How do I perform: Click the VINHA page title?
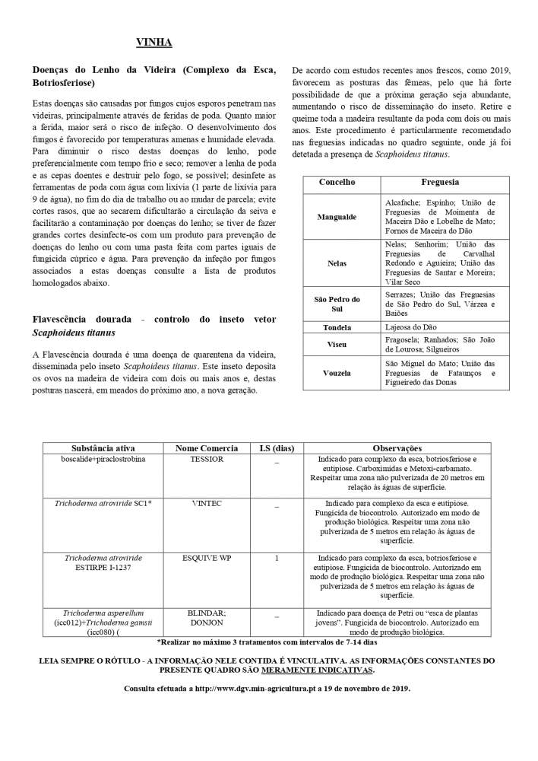point(153,42)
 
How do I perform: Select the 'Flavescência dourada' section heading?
point(154,326)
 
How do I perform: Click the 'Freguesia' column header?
point(440,183)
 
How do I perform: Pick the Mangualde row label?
point(337,217)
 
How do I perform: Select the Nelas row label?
point(337,263)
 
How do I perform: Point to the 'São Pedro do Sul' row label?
point(337,304)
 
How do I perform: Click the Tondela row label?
point(337,327)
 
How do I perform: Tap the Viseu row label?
point(337,344)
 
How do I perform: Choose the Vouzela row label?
point(337,373)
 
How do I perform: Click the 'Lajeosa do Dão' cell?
point(411,327)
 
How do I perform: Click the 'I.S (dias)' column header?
point(276,448)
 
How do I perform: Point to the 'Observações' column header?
point(397,448)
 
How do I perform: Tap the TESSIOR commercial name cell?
point(207,460)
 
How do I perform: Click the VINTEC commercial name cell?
point(207,504)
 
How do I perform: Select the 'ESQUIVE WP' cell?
point(207,558)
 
